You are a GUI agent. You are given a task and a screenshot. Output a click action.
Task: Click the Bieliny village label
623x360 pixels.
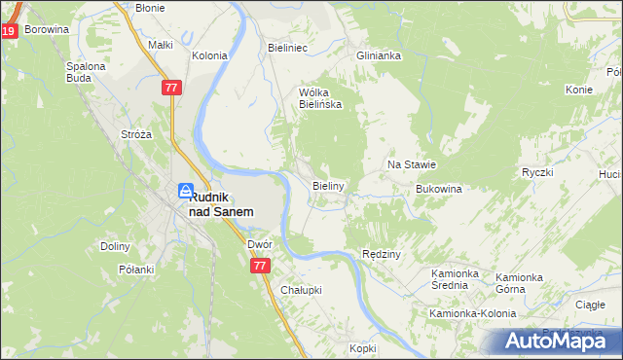(328, 184)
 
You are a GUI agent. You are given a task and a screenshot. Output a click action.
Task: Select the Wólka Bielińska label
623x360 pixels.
(319, 98)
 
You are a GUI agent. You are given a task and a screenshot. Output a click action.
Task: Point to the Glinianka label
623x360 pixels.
(379, 55)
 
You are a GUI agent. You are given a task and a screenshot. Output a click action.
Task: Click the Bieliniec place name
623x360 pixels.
(287, 46)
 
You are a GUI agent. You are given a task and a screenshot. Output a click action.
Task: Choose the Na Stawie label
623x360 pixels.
(411, 165)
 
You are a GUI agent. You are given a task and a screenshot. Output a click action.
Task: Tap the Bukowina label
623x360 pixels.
(437, 189)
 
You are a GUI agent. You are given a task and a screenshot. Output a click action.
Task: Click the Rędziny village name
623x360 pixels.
(382, 253)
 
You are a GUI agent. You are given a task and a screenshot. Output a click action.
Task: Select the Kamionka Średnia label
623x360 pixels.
(458, 279)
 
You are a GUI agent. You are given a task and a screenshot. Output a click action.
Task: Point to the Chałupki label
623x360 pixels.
(301, 290)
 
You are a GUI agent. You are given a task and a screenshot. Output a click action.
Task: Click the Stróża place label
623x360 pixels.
(135, 134)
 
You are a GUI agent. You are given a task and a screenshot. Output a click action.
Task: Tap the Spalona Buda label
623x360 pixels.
(86, 73)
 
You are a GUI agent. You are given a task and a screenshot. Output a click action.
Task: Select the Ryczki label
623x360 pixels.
(536, 172)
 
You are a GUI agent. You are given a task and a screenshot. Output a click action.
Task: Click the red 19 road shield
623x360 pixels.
(8, 32)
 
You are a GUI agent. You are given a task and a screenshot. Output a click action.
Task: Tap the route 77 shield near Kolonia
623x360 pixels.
(171, 88)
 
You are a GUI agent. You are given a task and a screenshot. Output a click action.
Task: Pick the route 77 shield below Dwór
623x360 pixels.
(259, 265)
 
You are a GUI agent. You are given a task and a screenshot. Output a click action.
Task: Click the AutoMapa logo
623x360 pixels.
(557, 342)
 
